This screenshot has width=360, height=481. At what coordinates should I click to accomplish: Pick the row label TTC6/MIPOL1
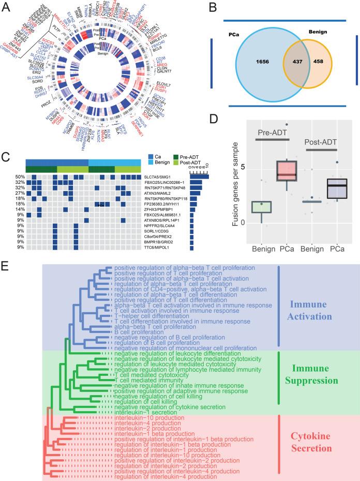tap(158, 247)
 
